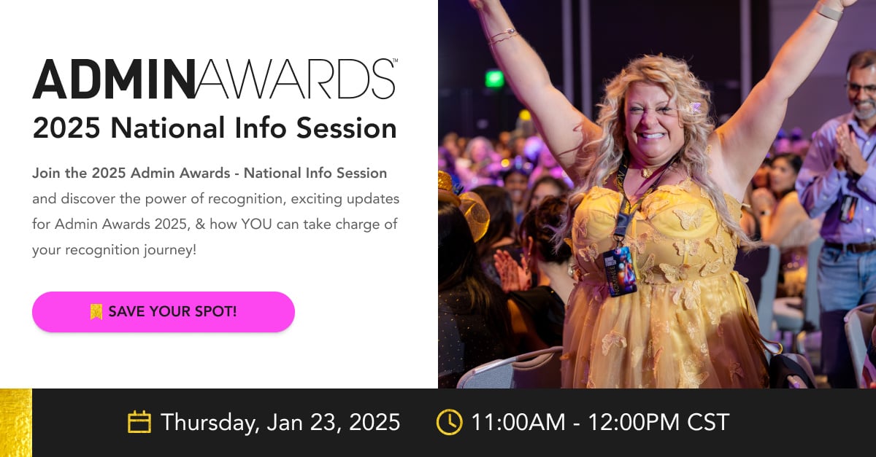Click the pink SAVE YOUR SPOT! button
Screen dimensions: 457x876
[163, 312]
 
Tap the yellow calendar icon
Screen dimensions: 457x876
[139, 422]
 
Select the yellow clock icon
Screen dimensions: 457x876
[449, 422]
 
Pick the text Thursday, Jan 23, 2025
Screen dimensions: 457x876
[280, 422]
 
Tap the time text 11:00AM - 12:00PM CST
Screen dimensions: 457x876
[599, 422]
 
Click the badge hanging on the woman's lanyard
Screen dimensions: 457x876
[620, 270]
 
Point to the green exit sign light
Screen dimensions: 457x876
[494, 78]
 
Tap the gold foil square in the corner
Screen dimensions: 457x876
[15, 423]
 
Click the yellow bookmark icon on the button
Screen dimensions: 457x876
[96, 312]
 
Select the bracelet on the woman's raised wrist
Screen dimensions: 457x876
[503, 36]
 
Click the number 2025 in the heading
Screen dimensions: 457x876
[66, 128]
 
